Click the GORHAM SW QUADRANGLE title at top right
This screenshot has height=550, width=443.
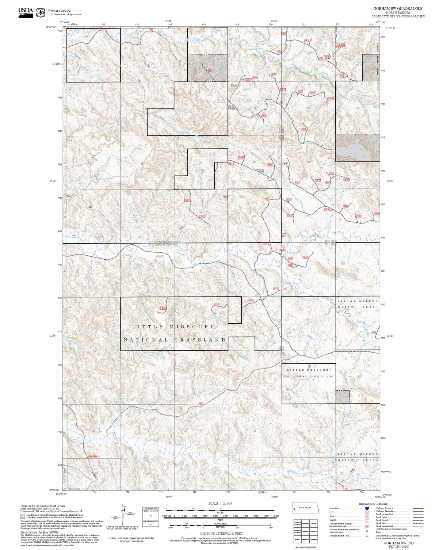pos(398,9)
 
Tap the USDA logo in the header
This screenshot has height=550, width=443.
pos(25,12)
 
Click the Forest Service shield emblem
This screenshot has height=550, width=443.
pos(40,13)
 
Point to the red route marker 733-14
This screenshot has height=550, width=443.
pos(288,199)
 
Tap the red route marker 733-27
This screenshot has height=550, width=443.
pos(359,216)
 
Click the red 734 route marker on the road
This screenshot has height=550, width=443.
pos(237,268)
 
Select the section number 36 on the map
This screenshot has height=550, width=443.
pos(254,216)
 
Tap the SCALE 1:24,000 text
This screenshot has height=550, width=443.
pos(220,503)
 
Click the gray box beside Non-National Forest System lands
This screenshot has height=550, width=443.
pos(23,516)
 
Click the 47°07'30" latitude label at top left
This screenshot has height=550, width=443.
pos(51,27)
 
